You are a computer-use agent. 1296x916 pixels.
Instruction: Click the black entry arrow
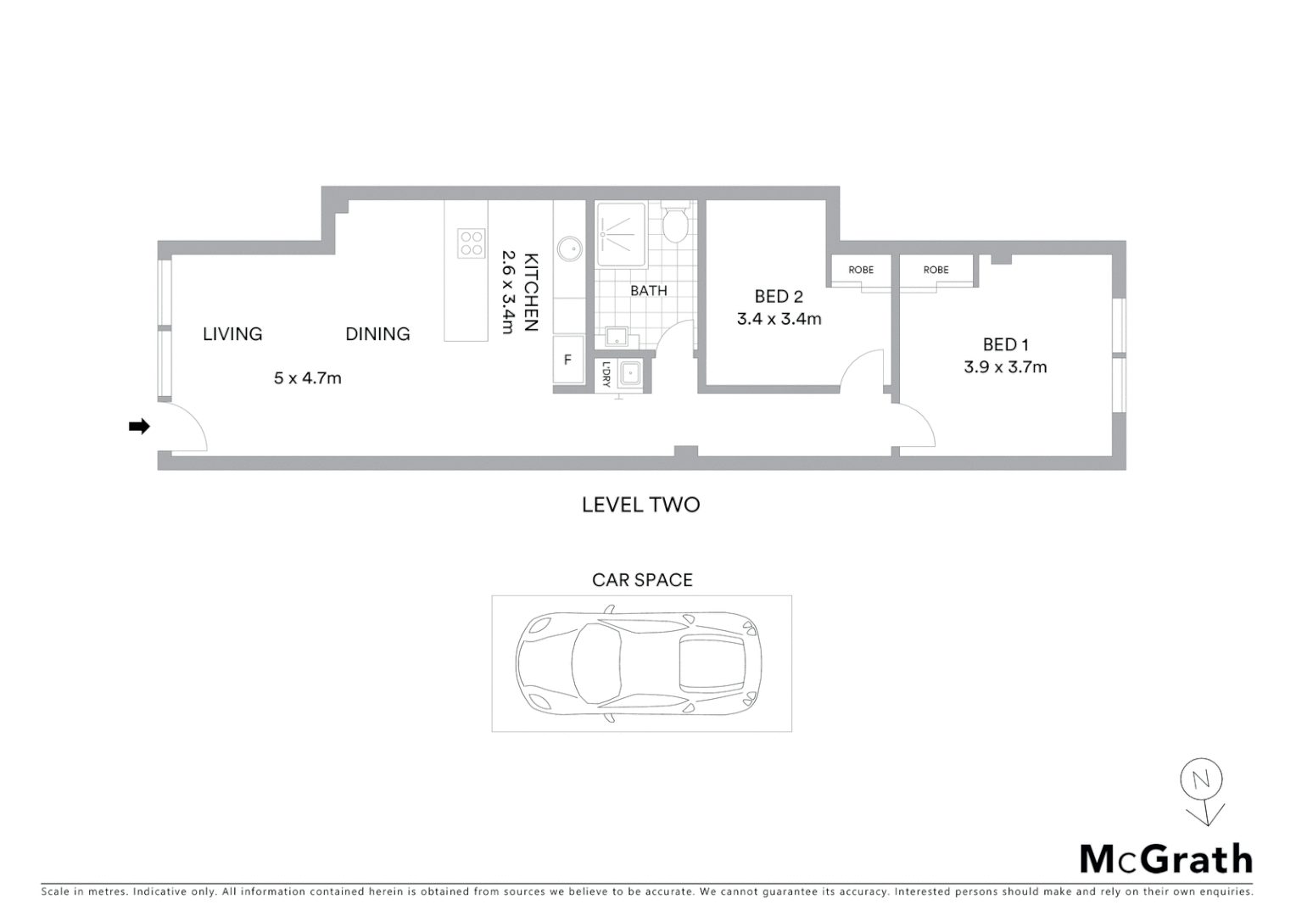[x=139, y=427]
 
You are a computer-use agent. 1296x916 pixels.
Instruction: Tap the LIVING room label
[x=232, y=334]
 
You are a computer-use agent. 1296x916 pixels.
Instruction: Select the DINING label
[x=377, y=334]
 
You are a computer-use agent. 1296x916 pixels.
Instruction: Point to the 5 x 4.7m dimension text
[x=307, y=378]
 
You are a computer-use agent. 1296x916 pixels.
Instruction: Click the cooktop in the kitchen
[x=471, y=243]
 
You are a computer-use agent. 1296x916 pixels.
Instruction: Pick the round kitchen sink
[x=568, y=249]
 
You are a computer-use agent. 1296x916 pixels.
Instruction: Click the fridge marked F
[x=568, y=360]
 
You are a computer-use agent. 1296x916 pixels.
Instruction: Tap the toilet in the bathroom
[x=676, y=226]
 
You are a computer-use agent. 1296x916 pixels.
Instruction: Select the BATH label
[x=648, y=291]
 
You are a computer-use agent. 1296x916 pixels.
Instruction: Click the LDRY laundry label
[x=606, y=374]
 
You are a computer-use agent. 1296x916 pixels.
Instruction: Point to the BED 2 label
[x=779, y=297]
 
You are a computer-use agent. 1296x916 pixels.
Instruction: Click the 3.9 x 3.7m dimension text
[x=1005, y=367]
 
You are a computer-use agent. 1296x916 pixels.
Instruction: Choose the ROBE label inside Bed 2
[x=860, y=271]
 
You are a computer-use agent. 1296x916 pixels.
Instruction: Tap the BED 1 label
[x=1005, y=344]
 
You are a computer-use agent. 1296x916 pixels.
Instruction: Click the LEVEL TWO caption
[x=640, y=505]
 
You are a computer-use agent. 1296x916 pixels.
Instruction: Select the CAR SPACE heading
[x=642, y=580]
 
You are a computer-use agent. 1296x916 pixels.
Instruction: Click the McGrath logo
[x=1165, y=859]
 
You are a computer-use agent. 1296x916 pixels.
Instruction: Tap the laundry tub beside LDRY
[x=630, y=373]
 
